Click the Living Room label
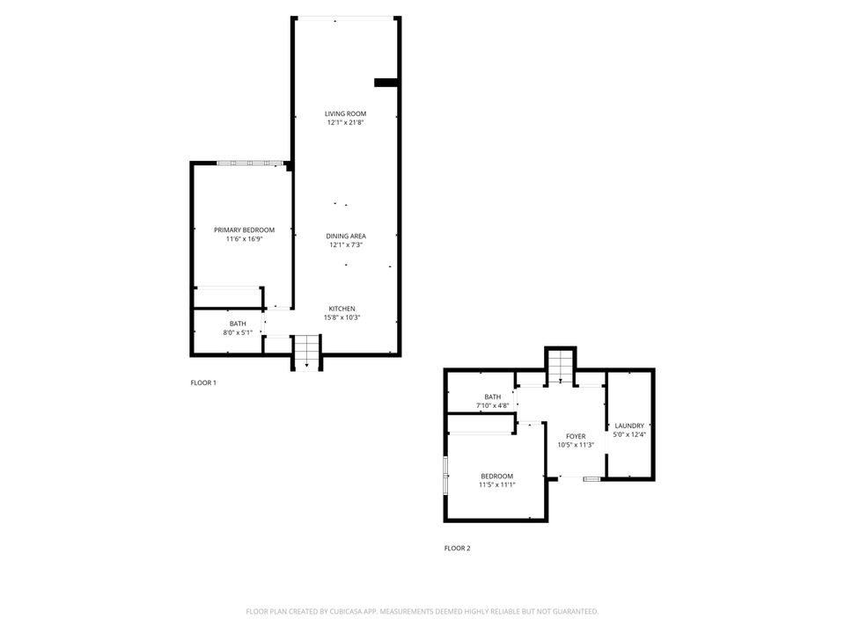click(x=345, y=113)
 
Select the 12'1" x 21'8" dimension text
click(x=345, y=123)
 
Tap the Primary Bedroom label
click(x=238, y=229)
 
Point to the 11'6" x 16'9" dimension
click(x=238, y=239)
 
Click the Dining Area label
click(x=345, y=236)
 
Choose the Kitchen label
click(x=342, y=309)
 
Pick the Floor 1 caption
click(x=203, y=382)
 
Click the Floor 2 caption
click(x=457, y=549)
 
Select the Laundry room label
click(x=629, y=425)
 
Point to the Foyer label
click(x=576, y=436)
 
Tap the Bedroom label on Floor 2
click(x=496, y=476)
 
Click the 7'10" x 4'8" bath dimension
click(x=492, y=405)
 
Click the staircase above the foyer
click(x=561, y=367)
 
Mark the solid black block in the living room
click(x=386, y=83)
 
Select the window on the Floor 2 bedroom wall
click(x=446, y=474)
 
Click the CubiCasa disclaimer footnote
click(x=422, y=611)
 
